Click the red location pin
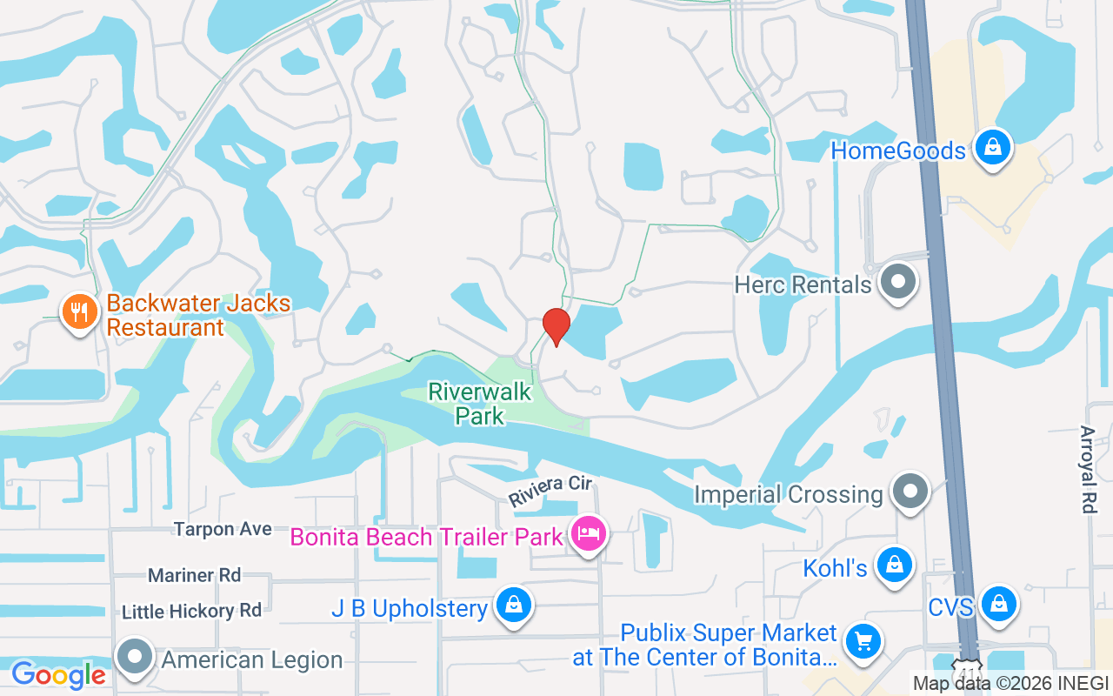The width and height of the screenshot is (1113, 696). click(556, 326)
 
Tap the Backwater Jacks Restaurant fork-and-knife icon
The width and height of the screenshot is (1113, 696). click(79, 311)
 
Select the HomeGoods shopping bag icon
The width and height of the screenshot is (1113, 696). click(992, 149)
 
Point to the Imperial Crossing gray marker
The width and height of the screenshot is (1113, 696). click(910, 492)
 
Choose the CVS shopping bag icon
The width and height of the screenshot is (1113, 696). click(1000, 603)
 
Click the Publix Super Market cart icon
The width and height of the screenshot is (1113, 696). click(863, 643)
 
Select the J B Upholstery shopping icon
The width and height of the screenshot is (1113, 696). click(514, 606)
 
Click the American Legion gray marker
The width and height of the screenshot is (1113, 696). click(137, 658)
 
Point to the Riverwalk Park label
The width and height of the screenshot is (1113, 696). click(479, 404)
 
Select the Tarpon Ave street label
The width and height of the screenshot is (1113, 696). click(223, 529)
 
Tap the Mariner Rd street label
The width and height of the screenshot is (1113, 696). click(194, 575)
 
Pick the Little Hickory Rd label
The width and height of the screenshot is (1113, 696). click(191, 612)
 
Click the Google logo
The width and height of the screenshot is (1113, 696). click(58, 674)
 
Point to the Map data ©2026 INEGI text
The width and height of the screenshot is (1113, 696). click(1010, 684)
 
